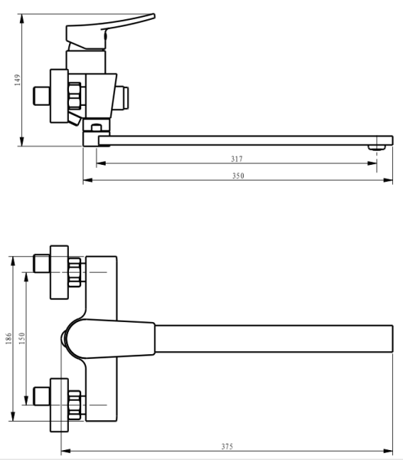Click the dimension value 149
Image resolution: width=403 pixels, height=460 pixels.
click(17, 80)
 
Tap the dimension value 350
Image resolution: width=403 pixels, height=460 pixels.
click(238, 176)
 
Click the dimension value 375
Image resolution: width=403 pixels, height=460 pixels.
click(228, 446)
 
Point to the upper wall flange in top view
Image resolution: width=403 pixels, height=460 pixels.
click(59, 272)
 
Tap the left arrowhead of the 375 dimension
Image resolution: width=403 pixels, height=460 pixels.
click(64, 452)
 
